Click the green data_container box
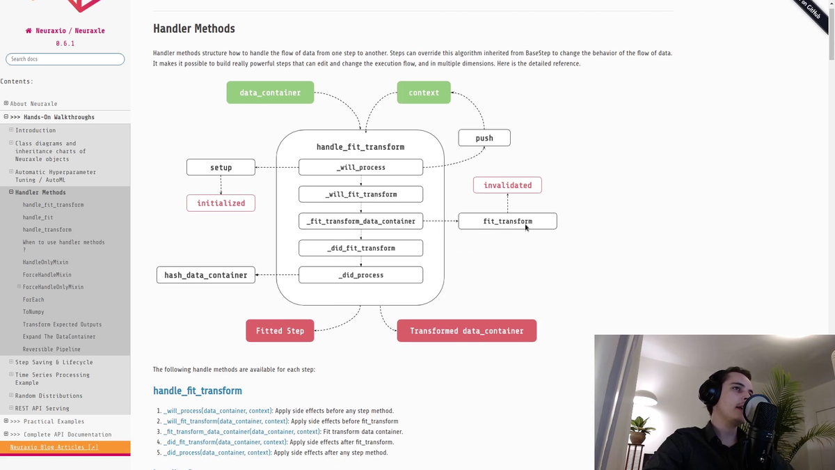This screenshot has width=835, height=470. pyautogui.click(x=270, y=93)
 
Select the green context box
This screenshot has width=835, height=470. pyautogui.click(x=424, y=93)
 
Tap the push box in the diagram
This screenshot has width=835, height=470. pyautogui.click(x=484, y=138)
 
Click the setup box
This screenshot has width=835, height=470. pyautogui.click(x=221, y=167)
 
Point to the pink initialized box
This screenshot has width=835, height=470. pyautogui.click(x=221, y=203)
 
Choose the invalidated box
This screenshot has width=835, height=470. pyautogui.click(x=507, y=185)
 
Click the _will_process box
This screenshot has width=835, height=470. pyautogui.click(x=360, y=167)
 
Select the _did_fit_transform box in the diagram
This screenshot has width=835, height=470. pyautogui.click(x=360, y=248)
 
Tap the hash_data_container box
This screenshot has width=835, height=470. pyautogui.click(x=206, y=275)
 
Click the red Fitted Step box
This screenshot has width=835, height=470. pyautogui.click(x=280, y=331)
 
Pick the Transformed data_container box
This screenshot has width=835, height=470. pyautogui.click(x=466, y=331)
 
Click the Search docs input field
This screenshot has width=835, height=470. pyautogui.click(x=65, y=59)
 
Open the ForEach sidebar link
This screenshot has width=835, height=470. pyautogui.click(x=33, y=299)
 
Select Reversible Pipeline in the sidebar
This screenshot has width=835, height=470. pyautogui.click(x=51, y=350)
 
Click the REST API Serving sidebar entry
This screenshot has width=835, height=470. pyautogui.click(x=42, y=409)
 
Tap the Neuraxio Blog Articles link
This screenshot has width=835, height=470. pyautogui.click(x=54, y=447)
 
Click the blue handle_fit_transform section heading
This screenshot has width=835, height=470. pyautogui.click(x=198, y=391)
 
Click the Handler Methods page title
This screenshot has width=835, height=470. pyautogui.click(x=194, y=29)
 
